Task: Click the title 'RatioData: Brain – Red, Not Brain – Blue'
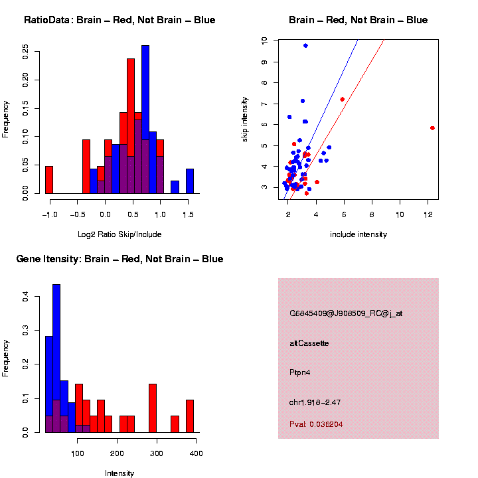click(x=119, y=20)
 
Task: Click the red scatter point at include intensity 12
click(x=432, y=128)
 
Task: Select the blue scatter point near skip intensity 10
click(x=305, y=45)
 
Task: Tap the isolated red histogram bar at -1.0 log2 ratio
click(x=49, y=180)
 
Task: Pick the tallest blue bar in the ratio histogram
click(x=145, y=119)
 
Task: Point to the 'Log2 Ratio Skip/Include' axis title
click(x=119, y=234)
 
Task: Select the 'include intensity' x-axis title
click(x=358, y=234)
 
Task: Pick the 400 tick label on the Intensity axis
click(x=197, y=453)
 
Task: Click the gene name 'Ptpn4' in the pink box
click(x=300, y=372)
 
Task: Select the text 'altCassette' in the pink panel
click(x=309, y=343)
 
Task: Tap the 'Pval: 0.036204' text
click(x=316, y=424)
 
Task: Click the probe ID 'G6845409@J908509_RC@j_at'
click(x=346, y=313)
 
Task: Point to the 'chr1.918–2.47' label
click(x=315, y=402)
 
